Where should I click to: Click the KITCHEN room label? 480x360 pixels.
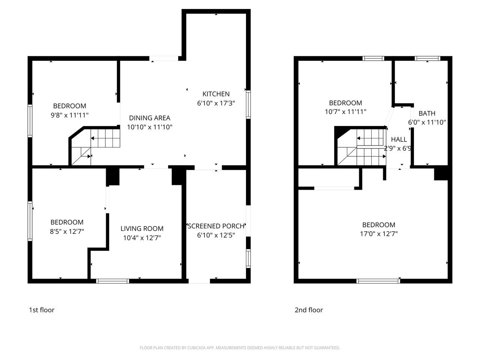point(216,94)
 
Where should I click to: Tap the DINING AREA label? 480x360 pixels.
point(150,118)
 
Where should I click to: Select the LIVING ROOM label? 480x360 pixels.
point(142,228)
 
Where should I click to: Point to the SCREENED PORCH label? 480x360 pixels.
point(216,226)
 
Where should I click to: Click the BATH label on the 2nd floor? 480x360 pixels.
point(427,113)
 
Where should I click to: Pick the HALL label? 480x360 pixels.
point(399,139)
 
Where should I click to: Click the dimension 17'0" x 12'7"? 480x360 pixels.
point(379,234)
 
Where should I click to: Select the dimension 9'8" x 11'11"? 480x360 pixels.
point(69,115)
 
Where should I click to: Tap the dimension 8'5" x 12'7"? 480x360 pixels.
point(67,231)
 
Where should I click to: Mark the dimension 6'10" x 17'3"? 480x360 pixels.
point(216,103)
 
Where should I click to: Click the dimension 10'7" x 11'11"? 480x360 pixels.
point(345,112)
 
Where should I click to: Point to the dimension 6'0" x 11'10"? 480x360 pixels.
point(427,122)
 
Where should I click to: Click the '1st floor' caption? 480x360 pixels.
point(42,310)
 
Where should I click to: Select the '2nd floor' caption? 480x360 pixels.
point(309,310)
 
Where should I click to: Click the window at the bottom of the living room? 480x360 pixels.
point(112,281)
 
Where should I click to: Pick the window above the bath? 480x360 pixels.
point(427,58)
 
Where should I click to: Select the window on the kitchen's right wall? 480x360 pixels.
point(248,104)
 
